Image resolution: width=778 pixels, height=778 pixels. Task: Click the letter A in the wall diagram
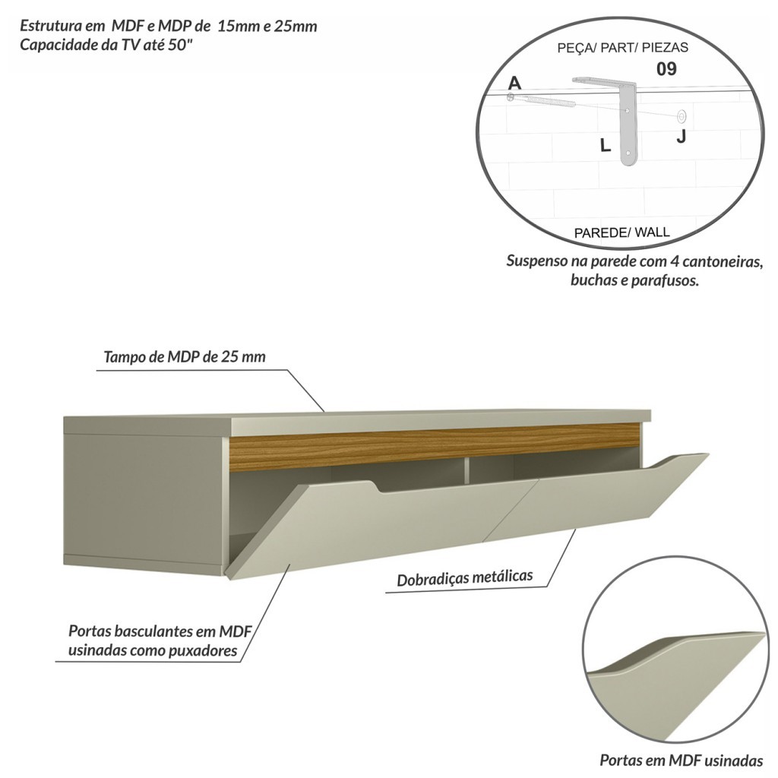pos(515,83)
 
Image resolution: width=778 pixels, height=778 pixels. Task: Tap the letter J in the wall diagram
pos(681,137)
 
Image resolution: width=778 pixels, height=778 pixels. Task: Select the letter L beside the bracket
pos(605,145)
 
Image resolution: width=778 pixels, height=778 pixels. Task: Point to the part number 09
pos(666,69)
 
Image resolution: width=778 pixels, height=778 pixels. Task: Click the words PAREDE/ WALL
pos(621,232)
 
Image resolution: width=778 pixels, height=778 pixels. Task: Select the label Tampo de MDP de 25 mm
pos(185,356)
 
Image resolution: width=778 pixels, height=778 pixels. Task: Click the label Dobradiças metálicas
pos(464,579)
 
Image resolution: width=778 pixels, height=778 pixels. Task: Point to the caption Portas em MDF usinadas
pos(681,760)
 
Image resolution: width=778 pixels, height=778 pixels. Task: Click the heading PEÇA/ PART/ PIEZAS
pos(622,47)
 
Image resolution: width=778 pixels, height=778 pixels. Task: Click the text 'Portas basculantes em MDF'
pos(160,631)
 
